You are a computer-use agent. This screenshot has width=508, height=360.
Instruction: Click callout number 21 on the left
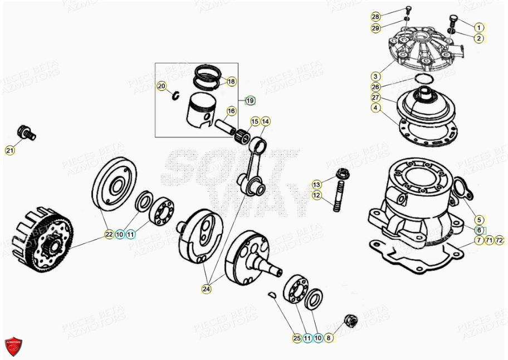click(10, 150)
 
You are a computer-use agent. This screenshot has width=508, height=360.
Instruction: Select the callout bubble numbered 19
click(250, 100)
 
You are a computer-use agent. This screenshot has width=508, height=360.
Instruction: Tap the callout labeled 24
click(207, 289)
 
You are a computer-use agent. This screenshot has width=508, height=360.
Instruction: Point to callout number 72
click(499, 241)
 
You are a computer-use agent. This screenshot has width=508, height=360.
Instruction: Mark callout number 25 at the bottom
click(296, 338)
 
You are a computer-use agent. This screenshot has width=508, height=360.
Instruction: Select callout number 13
click(316, 184)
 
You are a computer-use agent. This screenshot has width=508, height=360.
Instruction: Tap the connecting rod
click(252, 167)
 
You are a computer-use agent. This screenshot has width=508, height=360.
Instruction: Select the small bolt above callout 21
click(26, 132)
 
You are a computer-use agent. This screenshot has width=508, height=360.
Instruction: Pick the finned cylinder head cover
click(421, 48)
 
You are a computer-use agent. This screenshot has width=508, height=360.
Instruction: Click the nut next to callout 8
click(350, 320)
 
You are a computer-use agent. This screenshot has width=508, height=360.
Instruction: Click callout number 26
click(376, 87)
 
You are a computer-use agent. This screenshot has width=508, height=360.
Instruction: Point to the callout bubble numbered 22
click(109, 235)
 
